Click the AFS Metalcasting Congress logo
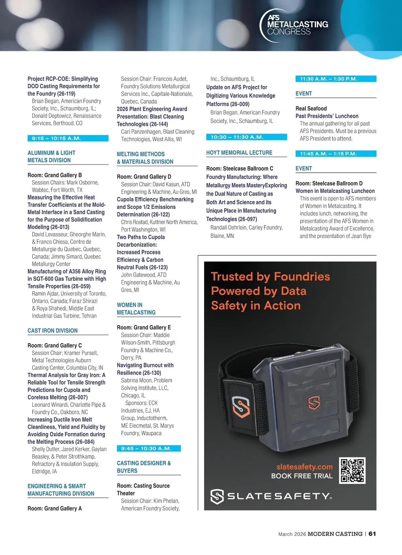click(x=294, y=25)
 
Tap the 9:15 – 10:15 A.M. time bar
click(x=68, y=138)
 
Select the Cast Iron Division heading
click(x=53, y=331)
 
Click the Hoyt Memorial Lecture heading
click(x=239, y=153)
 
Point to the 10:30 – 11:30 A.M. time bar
click(x=247, y=137)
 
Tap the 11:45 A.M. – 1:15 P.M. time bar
click(x=336, y=154)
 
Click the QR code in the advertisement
click(x=352, y=470)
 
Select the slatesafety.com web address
click(x=305, y=467)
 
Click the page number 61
click(x=372, y=534)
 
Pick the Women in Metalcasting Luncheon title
click(x=335, y=191)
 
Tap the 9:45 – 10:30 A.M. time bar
click(x=149, y=448)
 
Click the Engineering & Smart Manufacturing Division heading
click(x=61, y=490)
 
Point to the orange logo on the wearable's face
click(x=314, y=402)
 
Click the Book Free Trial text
click(x=302, y=476)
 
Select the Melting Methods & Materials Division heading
click(x=145, y=158)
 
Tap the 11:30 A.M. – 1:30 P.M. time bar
click(x=336, y=79)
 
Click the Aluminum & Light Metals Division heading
click(x=51, y=156)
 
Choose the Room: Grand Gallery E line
click(x=144, y=328)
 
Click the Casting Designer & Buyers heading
click(x=144, y=467)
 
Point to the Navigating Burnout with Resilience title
click(x=145, y=369)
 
